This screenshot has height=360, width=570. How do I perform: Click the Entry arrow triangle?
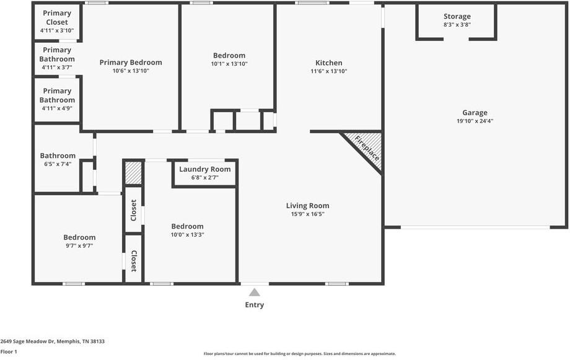click(255, 292)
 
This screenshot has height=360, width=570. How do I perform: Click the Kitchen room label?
click(328, 63)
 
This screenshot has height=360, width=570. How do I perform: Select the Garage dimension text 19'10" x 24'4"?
click(475, 121)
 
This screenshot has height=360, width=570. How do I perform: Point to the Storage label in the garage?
click(457, 16)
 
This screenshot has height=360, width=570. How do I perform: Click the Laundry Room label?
click(204, 169)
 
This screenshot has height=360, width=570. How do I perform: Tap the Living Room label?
click(307, 206)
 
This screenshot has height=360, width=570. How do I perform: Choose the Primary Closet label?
click(57, 17)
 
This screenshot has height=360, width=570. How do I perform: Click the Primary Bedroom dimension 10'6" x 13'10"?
click(131, 71)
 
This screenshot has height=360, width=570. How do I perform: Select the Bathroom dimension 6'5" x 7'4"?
click(58, 164)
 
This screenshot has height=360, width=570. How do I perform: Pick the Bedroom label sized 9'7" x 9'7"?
click(79, 237)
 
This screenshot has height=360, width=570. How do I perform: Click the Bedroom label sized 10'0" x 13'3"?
click(187, 226)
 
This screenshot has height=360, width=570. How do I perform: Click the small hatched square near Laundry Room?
click(133, 173)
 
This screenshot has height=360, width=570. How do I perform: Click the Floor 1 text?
click(9, 351)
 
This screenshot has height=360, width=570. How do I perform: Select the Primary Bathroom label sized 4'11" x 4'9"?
click(57, 95)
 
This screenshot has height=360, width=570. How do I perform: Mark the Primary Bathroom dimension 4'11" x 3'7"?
click(57, 68)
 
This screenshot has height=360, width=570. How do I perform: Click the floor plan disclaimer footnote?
click(299, 354)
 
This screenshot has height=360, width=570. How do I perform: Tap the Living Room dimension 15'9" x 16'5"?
click(307, 214)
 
